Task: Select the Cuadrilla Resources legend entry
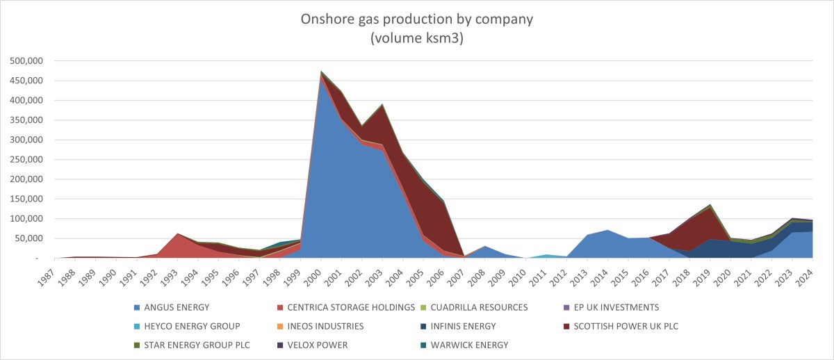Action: (480, 306)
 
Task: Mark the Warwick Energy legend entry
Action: (471, 344)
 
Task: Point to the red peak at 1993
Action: (179, 234)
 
